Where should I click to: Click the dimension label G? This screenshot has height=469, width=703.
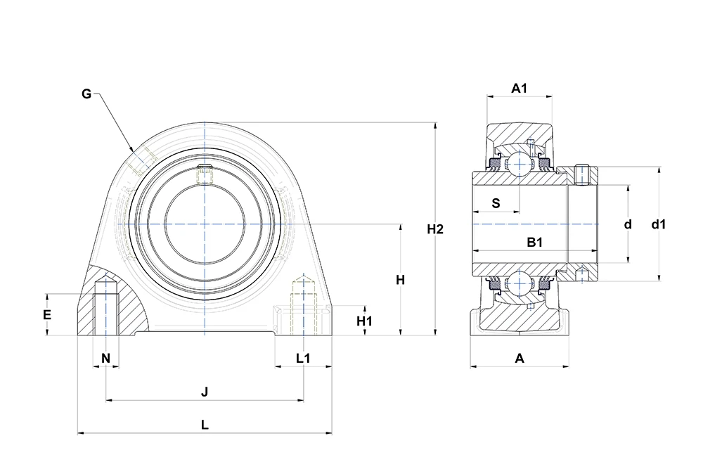(x=86, y=94)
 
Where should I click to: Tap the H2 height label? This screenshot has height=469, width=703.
(x=435, y=229)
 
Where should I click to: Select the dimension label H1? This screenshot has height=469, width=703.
(x=364, y=321)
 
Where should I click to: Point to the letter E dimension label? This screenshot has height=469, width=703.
(x=47, y=315)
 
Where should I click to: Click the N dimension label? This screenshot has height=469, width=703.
(x=106, y=358)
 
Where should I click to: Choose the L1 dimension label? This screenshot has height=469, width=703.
(x=303, y=358)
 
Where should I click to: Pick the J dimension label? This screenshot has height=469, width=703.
(x=205, y=392)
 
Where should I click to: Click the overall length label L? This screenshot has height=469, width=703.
(x=205, y=425)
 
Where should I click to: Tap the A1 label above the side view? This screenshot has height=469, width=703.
(x=520, y=89)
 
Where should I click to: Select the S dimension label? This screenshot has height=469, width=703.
(x=496, y=203)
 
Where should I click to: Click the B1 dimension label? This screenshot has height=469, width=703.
(x=535, y=243)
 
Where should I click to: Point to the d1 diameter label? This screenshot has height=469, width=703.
(x=659, y=224)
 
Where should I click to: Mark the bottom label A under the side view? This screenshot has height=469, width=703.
(x=520, y=358)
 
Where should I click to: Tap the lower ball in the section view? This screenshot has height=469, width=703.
(x=519, y=284)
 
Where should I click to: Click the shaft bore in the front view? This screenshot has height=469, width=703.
(x=205, y=224)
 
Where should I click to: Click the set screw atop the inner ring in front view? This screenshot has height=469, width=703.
(x=205, y=174)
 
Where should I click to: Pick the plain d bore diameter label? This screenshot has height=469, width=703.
(x=628, y=224)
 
